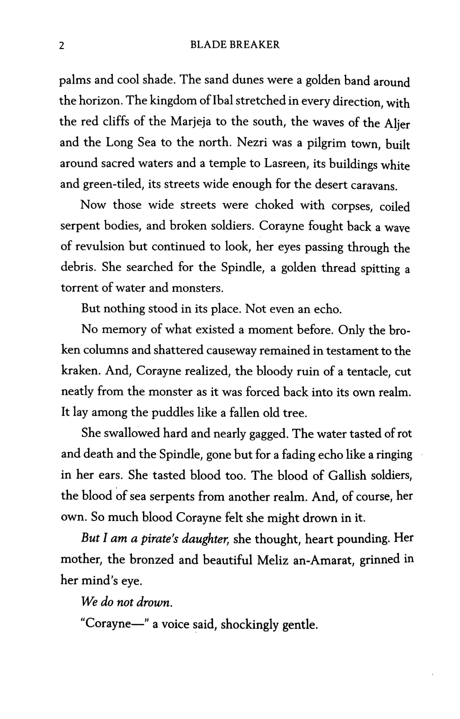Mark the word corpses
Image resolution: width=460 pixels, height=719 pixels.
point(351,206)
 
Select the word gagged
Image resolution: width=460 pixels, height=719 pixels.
point(269,434)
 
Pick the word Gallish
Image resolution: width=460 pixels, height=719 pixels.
point(347,475)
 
